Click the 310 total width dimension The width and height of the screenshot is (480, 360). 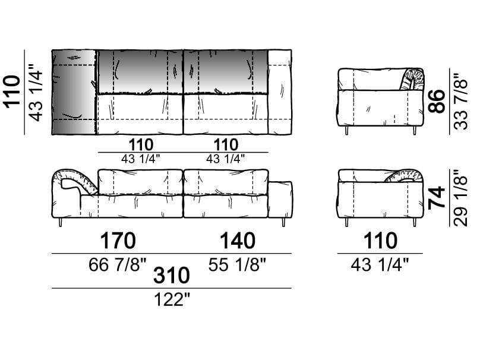[x=172, y=275]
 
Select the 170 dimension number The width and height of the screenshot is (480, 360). [x=118, y=241]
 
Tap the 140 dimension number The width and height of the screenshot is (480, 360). [x=238, y=241]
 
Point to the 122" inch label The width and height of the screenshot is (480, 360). [x=172, y=299]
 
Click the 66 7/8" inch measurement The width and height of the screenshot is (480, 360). [x=118, y=264]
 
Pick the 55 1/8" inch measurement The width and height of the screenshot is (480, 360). [x=237, y=264]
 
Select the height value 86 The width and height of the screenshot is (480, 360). [x=437, y=101]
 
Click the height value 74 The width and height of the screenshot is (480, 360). [x=437, y=197]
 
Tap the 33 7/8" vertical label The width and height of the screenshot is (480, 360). [x=461, y=101]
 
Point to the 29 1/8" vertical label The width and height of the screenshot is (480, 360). [x=461, y=198]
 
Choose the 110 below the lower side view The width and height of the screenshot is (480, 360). [x=380, y=241]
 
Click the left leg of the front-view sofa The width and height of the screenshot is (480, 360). [x=61, y=222]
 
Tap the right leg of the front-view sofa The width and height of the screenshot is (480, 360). [x=284, y=222]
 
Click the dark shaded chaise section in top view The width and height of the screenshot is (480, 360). [x=74, y=92]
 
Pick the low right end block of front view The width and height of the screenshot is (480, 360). [x=280, y=200]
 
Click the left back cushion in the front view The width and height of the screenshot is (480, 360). [x=140, y=182]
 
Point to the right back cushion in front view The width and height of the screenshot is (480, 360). [x=226, y=182]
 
